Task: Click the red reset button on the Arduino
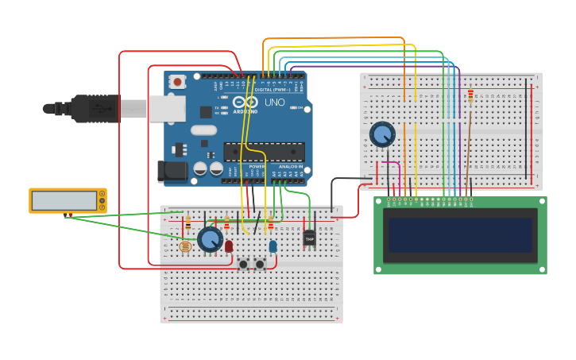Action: click(177, 81)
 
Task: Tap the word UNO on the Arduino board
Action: click(274, 103)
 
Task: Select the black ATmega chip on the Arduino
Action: click(264, 151)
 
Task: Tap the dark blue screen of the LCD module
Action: click(460, 235)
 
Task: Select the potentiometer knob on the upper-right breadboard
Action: click(382, 134)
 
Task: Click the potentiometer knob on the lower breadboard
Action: click(210, 239)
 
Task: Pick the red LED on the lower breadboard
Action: click(229, 246)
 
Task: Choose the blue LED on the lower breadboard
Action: click(273, 246)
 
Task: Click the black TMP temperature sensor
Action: click(309, 238)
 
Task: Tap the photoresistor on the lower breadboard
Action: click(185, 246)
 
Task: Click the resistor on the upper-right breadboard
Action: click(470, 96)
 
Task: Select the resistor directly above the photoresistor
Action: click(188, 224)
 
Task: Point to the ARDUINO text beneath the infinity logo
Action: click(245, 112)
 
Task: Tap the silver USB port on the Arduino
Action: click(167, 109)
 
